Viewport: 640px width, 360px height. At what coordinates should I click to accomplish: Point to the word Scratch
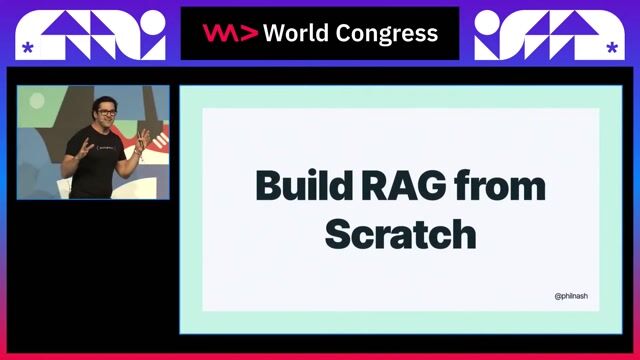[400, 233]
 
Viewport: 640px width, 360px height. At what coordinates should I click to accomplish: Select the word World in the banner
[293, 33]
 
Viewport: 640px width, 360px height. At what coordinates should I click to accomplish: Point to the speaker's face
[106, 113]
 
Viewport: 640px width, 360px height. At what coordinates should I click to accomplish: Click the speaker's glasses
[106, 110]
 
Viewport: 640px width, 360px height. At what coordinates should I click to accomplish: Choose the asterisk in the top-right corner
[611, 47]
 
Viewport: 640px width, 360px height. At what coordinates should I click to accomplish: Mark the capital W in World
[272, 33]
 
